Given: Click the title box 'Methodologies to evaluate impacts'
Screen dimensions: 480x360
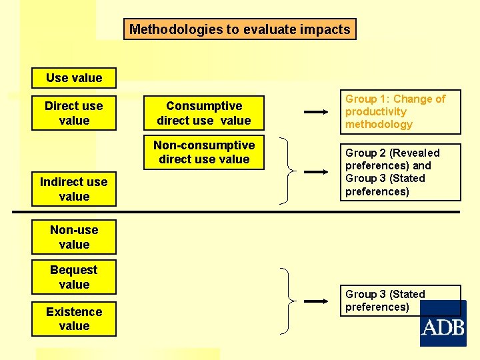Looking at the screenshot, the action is click(239, 29).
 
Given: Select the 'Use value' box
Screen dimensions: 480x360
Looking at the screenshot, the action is click(74, 78).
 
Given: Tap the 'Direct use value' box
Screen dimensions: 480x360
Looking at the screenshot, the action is click(74, 113).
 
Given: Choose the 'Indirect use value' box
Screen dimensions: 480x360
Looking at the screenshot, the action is click(74, 189).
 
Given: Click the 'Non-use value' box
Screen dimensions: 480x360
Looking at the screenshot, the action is click(74, 237).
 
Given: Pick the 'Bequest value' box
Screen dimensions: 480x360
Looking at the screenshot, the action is click(74, 277).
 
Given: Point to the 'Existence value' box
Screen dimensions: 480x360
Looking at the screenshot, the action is click(74, 319).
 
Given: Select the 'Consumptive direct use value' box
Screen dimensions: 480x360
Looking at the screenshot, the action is click(204, 113).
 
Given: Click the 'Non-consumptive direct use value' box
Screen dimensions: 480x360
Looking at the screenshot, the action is click(204, 152).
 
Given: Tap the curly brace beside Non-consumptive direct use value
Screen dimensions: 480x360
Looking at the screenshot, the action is click(285, 171).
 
